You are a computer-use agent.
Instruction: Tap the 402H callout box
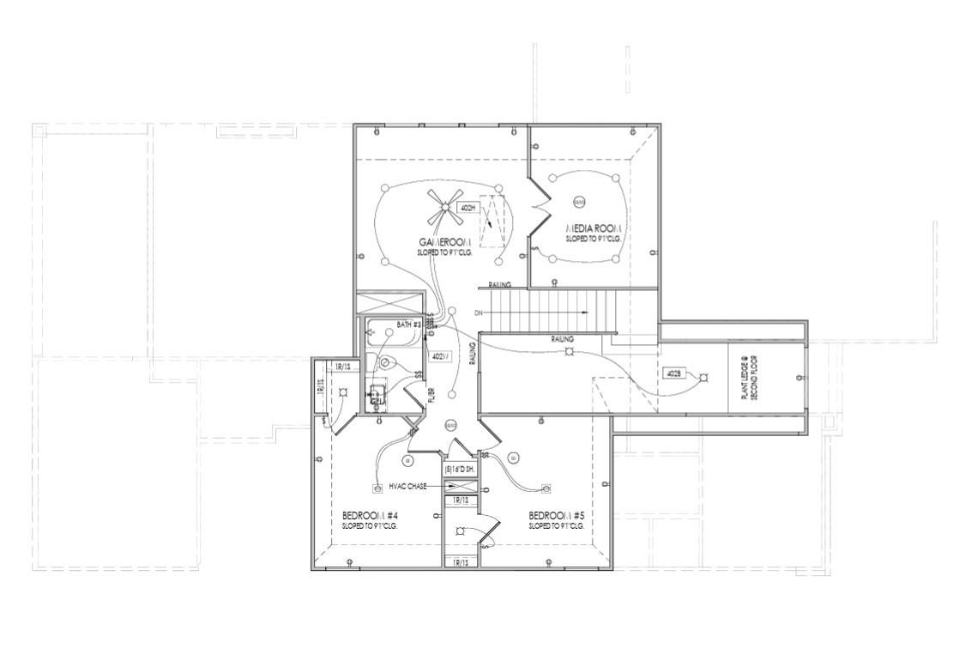468,208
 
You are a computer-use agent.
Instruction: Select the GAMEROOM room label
445,242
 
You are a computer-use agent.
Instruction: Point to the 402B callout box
672,373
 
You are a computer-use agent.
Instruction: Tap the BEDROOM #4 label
369,515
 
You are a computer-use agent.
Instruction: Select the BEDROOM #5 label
557,515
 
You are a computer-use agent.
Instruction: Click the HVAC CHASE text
407,486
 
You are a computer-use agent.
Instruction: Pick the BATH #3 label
408,326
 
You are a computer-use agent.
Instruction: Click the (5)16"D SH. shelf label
460,470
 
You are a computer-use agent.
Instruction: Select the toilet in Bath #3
386,363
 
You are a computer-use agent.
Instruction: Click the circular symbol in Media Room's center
579,202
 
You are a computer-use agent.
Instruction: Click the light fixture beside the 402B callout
704,377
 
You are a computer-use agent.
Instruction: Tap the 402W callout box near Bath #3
439,356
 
